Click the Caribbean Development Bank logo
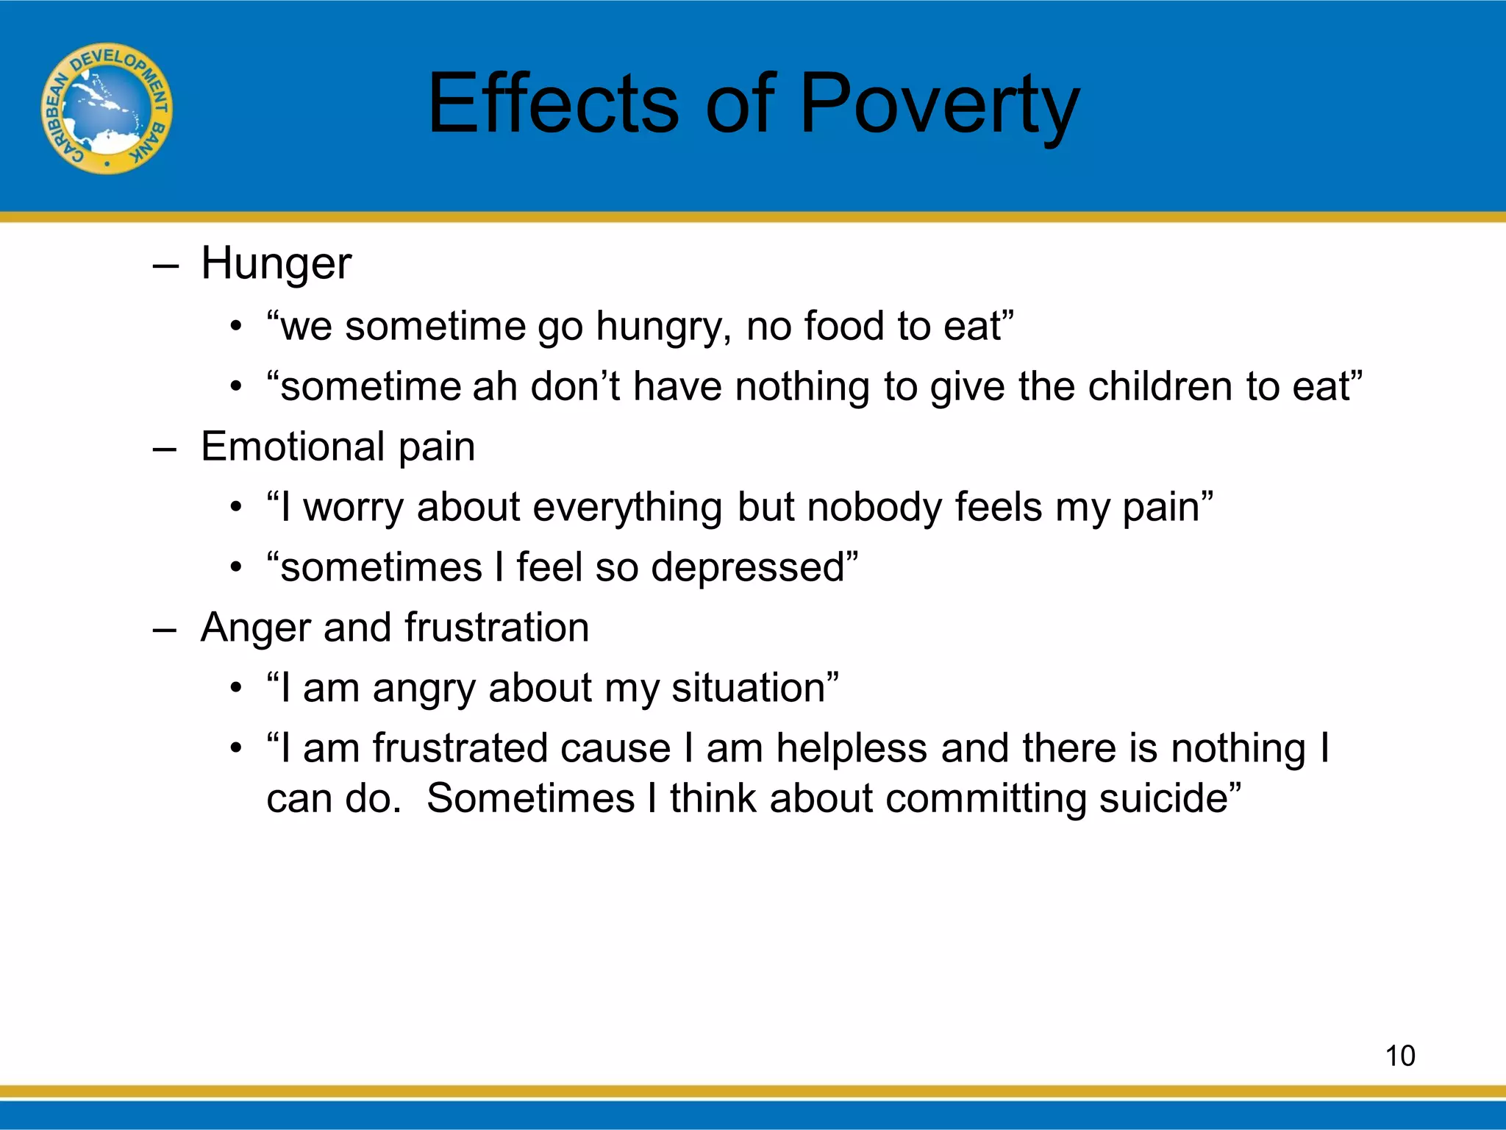point(107,108)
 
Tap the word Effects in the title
point(552,104)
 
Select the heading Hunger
point(276,263)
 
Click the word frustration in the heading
point(496,628)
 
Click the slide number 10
point(1399,1056)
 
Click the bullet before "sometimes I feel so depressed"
point(235,568)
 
